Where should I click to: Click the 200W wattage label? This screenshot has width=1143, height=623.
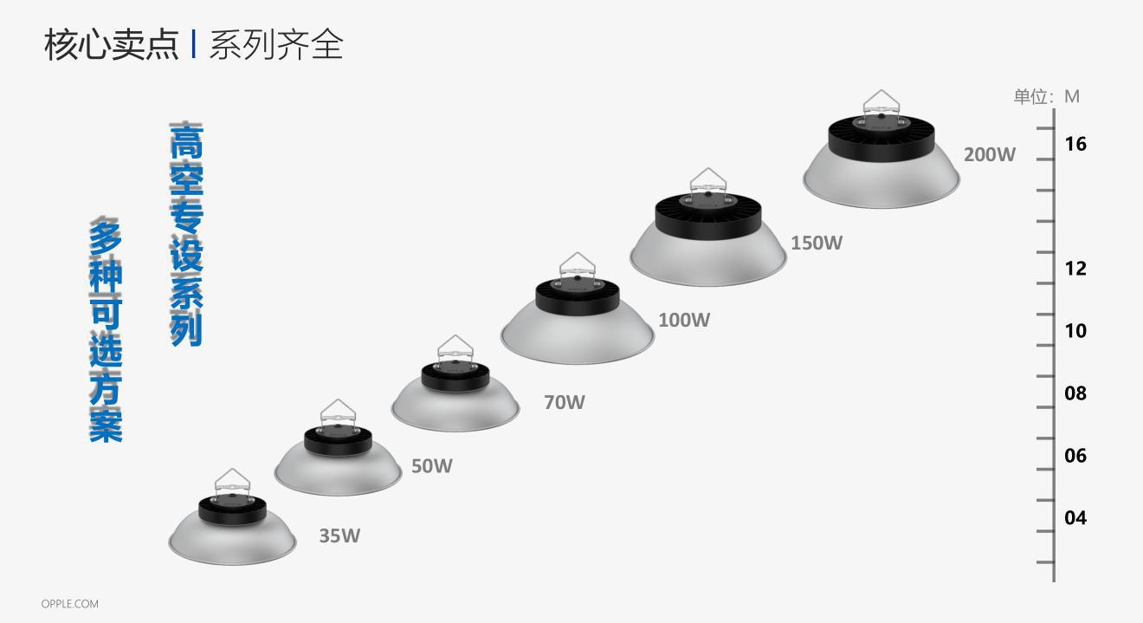tap(989, 155)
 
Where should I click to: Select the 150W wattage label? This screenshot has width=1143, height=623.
tap(816, 243)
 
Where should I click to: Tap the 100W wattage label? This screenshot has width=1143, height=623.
tap(684, 320)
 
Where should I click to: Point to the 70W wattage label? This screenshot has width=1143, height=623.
tap(564, 402)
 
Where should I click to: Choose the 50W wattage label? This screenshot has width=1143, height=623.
tap(431, 466)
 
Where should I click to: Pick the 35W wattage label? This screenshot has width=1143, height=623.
tap(339, 535)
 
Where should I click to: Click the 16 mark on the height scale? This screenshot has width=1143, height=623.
tap(1075, 144)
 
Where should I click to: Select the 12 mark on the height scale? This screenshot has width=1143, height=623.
tap(1075, 269)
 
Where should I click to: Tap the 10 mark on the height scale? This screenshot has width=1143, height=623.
tap(1075, 331)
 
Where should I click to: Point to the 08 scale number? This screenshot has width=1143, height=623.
tap(1075, 393)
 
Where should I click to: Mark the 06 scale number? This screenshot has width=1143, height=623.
tap(1075, 456)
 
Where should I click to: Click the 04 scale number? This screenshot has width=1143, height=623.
tap(1075, 518)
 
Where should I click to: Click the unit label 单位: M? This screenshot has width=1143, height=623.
tap(1046, 96)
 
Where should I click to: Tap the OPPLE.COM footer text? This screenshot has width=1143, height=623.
tap(69, 604)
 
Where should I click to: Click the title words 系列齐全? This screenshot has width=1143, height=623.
tap(275, 45)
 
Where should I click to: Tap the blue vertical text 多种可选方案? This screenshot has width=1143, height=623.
tap(106, 329)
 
